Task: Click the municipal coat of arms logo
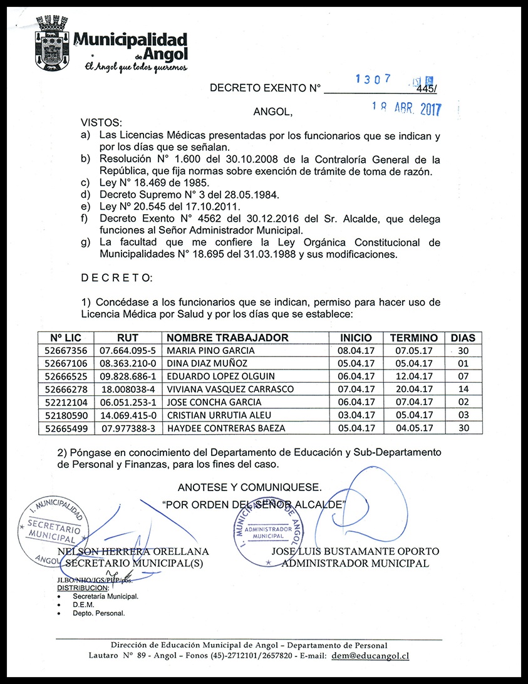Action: [x=52, y=43]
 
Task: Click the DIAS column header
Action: [x=463, y=338]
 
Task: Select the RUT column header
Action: [x=128, y=338]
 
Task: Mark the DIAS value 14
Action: [x=463, y=390]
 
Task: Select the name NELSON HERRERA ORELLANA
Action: [x=133, y=551]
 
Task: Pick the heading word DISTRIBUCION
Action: [x=83, y=588]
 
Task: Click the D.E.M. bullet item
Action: [x=83, y=605]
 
